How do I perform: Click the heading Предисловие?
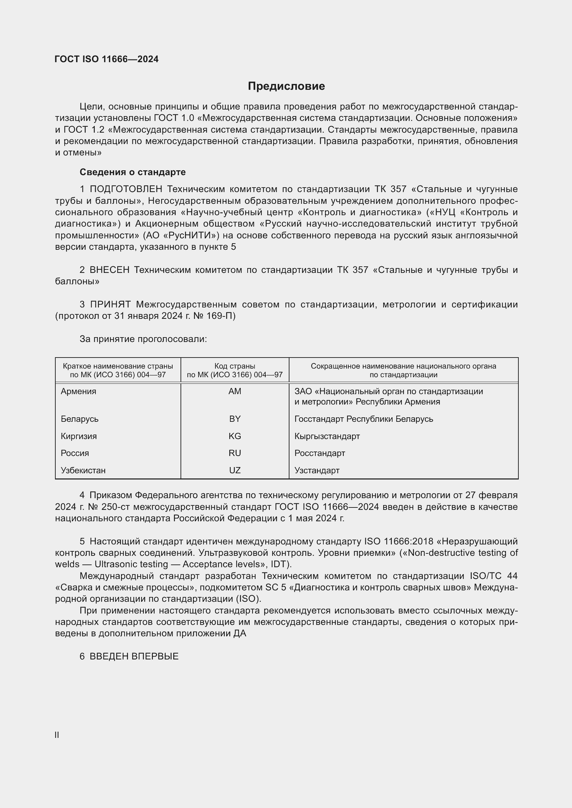[x=286, y=86]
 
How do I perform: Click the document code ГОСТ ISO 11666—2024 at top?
[x=107, y=59]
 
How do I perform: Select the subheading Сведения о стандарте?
[x=132, y=172]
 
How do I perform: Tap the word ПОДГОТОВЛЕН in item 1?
[x=126, y=189]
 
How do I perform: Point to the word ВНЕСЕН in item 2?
[x=110, y=270]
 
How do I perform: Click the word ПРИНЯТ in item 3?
[x=110, y=304]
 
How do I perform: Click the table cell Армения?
[x=78, y=391]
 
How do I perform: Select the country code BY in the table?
[x=234, y=419]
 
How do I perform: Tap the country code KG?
[x=234, y=436]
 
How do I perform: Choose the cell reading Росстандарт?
[x=320, y=453]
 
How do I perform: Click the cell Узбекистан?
[x=83, y=470]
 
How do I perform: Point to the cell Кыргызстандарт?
[x=327, y=436]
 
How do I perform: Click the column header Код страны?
[x=234, y=366]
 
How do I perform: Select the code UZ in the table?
[x=234, y=470]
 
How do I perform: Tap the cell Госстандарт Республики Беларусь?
[x=363, y=419]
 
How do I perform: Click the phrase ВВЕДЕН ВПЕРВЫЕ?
[x=134, y=656]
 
